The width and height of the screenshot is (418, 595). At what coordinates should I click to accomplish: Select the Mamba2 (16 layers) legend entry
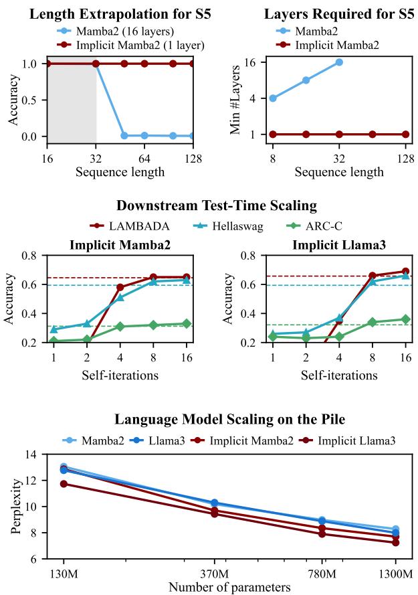[124, 31]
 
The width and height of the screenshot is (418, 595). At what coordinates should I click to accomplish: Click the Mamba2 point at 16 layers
[339, 62]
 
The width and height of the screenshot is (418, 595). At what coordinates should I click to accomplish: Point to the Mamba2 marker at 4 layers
[273, 98]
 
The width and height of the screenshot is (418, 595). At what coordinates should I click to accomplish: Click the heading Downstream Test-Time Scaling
[215, 205]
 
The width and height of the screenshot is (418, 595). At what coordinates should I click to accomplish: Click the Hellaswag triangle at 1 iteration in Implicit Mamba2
[54, 329]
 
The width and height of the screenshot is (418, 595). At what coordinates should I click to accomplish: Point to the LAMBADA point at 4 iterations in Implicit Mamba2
[120, 287]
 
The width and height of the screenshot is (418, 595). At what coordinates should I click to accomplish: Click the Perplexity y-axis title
[15, 506]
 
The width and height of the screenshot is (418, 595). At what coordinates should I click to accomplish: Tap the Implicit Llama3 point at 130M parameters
[64, 483]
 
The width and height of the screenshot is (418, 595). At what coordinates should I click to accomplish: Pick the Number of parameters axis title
[229, 587]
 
